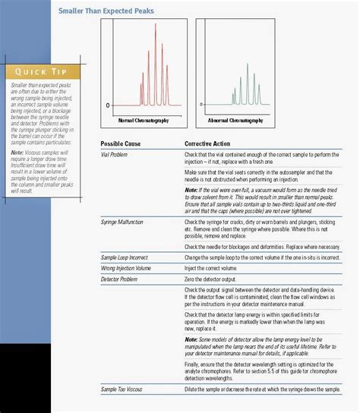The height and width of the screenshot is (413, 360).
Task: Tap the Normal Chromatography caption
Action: click(x=144, y=121)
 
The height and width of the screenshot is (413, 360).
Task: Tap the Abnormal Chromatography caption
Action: click(x=235, y=121)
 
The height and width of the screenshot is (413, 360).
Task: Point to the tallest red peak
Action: click(x=156, y=26)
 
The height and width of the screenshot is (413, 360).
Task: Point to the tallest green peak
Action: click(x=247, y=56)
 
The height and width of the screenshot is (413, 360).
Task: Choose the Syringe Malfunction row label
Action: click(x=123, y=222)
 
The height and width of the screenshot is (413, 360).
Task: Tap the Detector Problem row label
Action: click(x=121, y=279)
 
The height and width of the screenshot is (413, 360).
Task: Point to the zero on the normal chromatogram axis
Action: click(x=108, y=104)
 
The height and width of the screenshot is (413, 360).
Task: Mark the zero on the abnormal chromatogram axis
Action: click(x=201, y=104)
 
